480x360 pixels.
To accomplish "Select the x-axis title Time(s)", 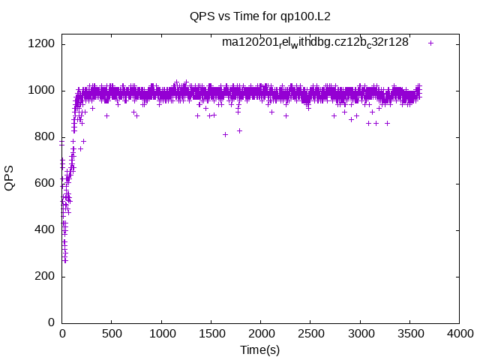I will (260, 349).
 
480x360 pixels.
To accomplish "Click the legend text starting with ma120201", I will (315, 43).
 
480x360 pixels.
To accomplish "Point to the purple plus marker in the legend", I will (430, 43).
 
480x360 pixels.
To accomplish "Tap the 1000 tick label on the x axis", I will (161, 334).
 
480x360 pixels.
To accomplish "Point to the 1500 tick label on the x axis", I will (211, 334).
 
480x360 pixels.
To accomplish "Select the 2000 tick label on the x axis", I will (260, 334).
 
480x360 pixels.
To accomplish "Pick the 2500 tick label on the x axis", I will (310, 334).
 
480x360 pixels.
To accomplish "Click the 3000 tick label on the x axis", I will (360, 334).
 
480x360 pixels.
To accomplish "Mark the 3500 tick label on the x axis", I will (409, 334).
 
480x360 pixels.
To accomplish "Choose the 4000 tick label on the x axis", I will (459, 334).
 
